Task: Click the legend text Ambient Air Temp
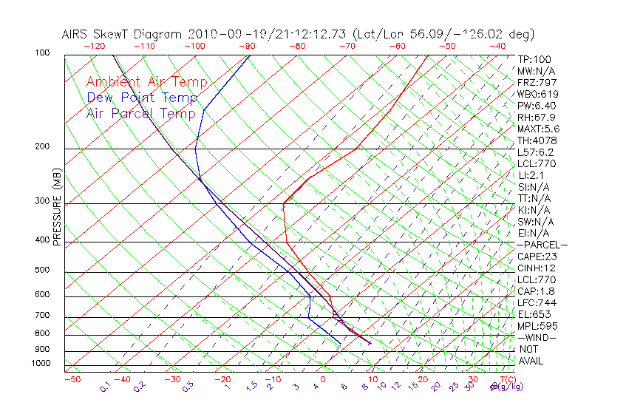click(x=146, y=82)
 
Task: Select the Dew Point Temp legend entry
click(x=142, y=98)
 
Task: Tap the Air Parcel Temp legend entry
click(x=140, y=113)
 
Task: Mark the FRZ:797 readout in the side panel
click(x=537, y=83)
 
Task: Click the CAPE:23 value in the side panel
click(x=537, y=257)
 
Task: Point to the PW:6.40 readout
click(x=537, y=106)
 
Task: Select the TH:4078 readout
click(x=537, y=140)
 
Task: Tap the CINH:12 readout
click(x=537, y=268)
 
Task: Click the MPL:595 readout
click(x=537, y=326)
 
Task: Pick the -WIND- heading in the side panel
click(x=538, y=338)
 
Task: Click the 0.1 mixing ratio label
click(x=105, y=387)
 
